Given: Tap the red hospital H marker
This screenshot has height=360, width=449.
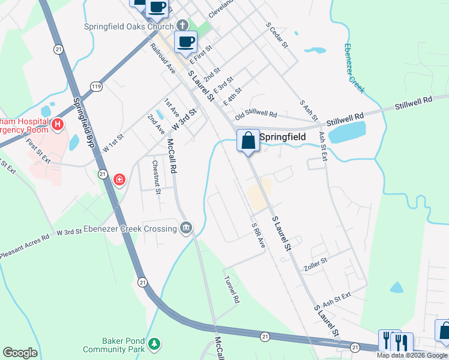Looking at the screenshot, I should [x=58, y=125].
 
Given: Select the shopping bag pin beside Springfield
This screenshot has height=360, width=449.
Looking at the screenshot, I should [x=248, y=142].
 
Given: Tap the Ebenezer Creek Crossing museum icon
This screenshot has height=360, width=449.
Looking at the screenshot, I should [x=186, y=227].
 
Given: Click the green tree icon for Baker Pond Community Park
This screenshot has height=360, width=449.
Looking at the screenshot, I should [x=155, y=343].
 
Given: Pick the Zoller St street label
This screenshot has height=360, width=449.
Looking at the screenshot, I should [x=315, y=261].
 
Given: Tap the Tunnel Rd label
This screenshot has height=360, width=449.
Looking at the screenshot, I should [x=232, y=290].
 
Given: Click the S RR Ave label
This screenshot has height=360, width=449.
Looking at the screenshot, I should [x=259, y=235].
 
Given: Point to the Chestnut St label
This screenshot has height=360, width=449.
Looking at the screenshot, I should [x=156, y=177].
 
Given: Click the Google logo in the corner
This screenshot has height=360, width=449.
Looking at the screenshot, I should [x=20, y=352].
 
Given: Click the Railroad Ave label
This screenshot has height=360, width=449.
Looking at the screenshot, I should [x=163, y=59].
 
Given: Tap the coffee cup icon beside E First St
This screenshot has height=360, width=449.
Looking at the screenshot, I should [x=185, y=41].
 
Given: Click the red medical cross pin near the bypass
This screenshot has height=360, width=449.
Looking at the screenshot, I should [x=119, y=179].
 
